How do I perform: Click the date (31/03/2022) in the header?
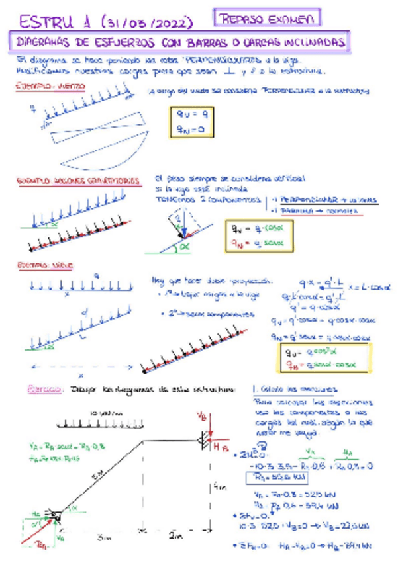click(x=148, y=24)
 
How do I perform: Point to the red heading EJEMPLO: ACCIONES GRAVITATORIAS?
click(x=77, y=180)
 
